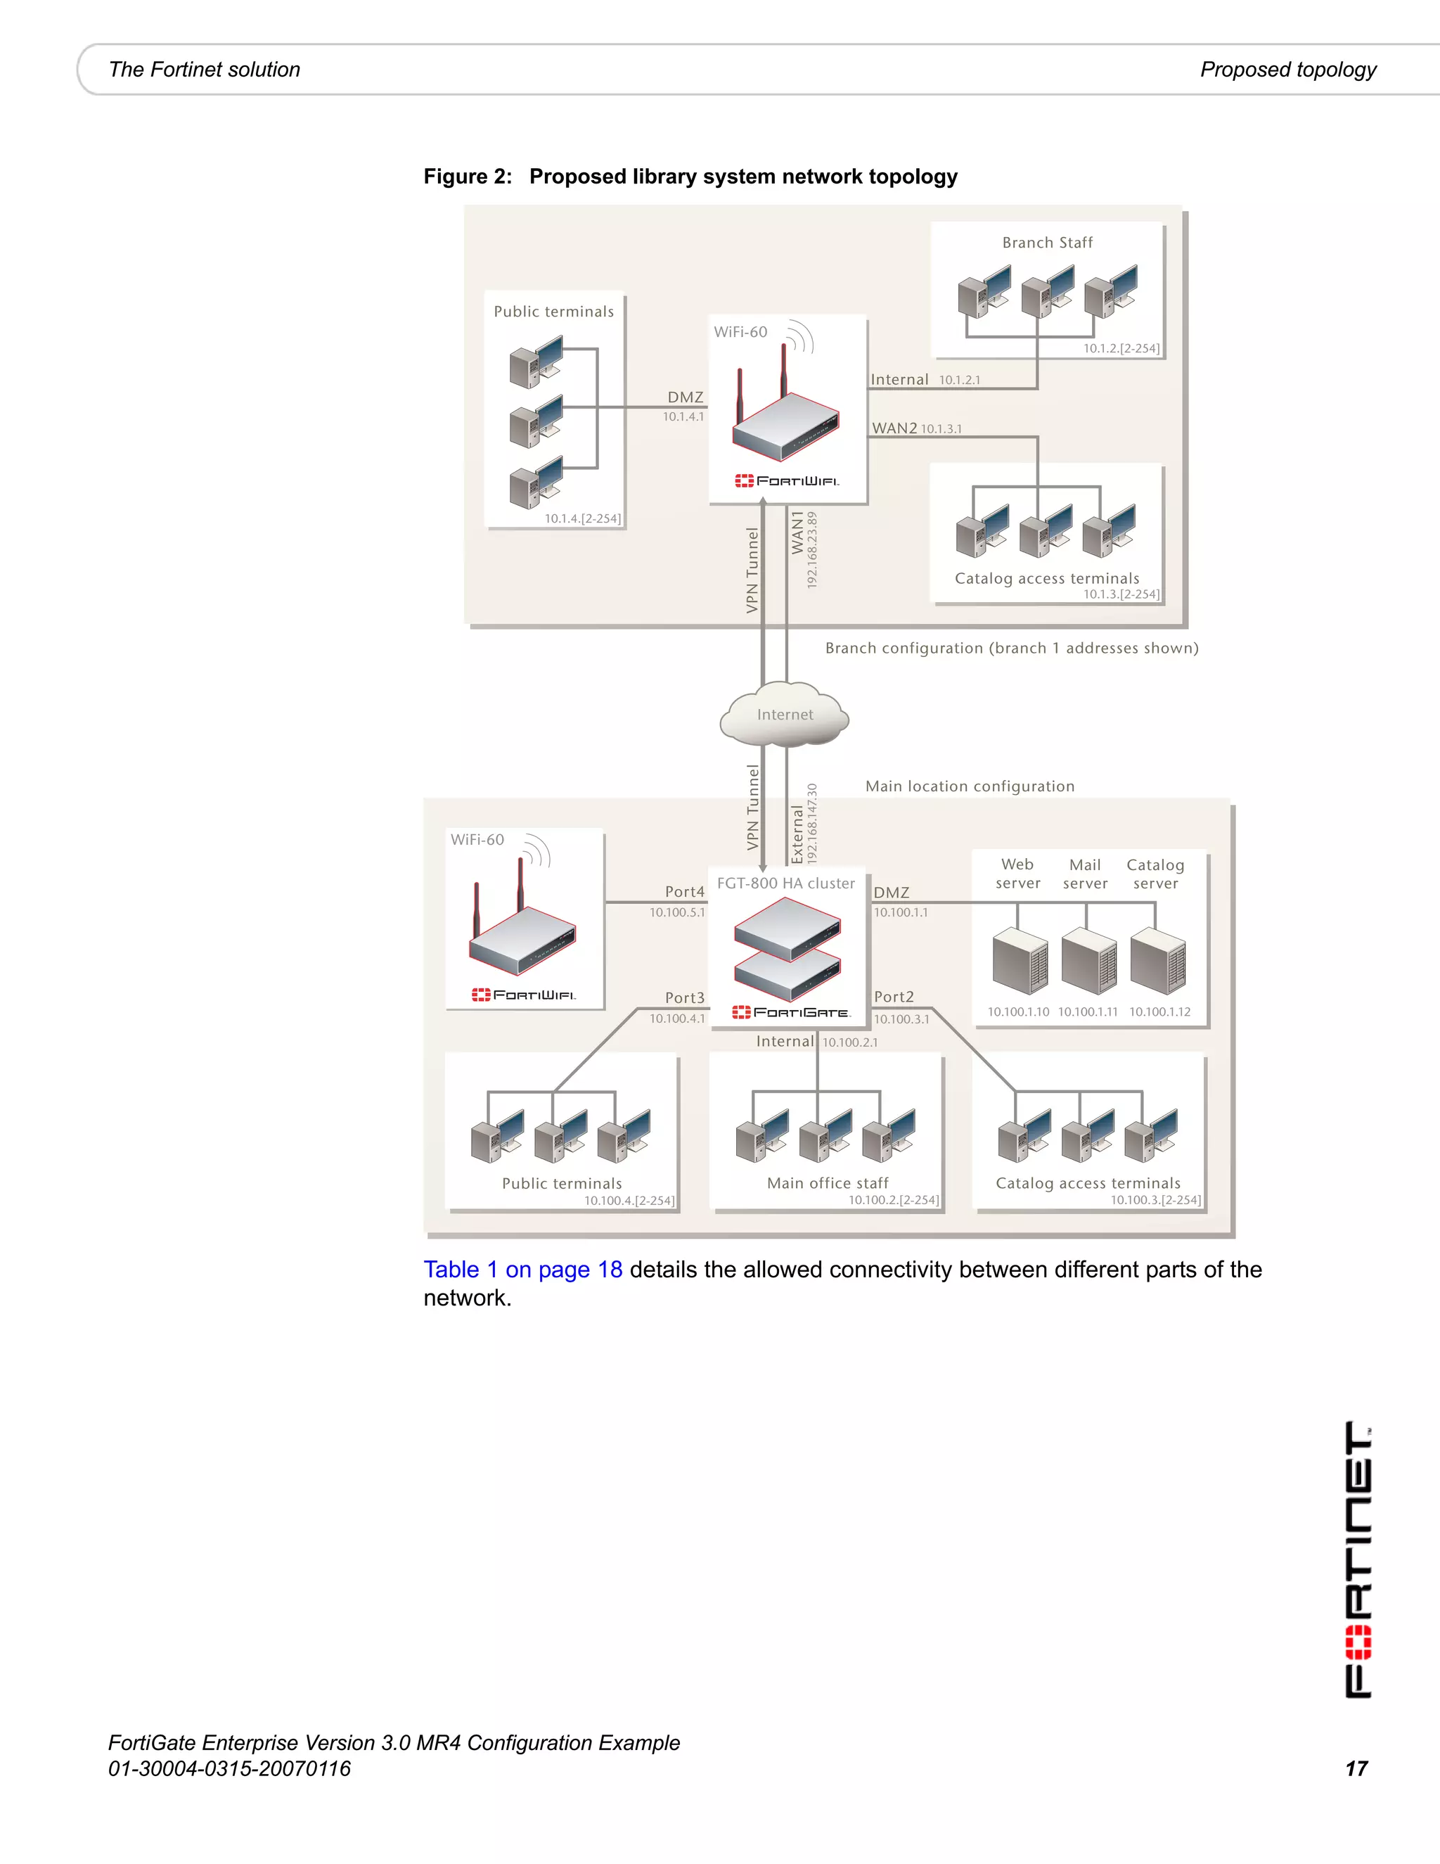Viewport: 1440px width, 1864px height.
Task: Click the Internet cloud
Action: point(784,715)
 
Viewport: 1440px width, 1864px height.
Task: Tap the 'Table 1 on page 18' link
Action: point(523,1270)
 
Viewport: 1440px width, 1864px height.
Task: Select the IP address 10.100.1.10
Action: point(1017,1012)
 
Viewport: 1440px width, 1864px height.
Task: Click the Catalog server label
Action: point(1155,874)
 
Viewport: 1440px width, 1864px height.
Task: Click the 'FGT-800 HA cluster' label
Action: point(785,883)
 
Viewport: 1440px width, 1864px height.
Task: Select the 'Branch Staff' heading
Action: point(1047,243)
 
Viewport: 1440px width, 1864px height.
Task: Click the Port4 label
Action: point(685,892)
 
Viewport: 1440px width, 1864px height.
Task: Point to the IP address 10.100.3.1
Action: point(901,1019)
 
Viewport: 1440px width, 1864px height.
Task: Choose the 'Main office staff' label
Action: point(828,1183)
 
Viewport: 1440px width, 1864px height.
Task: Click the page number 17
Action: point(1356,1768)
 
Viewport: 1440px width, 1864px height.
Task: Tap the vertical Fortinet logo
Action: point(1358,1559)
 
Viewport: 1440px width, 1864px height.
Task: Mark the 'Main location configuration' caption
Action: point(970,786)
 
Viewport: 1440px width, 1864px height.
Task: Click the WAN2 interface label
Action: point(894,428)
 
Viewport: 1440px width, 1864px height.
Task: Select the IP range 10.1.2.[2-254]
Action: point(1121,348)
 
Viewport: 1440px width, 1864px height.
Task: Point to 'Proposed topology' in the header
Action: point(1288,70)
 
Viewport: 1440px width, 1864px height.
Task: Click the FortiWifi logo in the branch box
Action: point(787,481)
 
